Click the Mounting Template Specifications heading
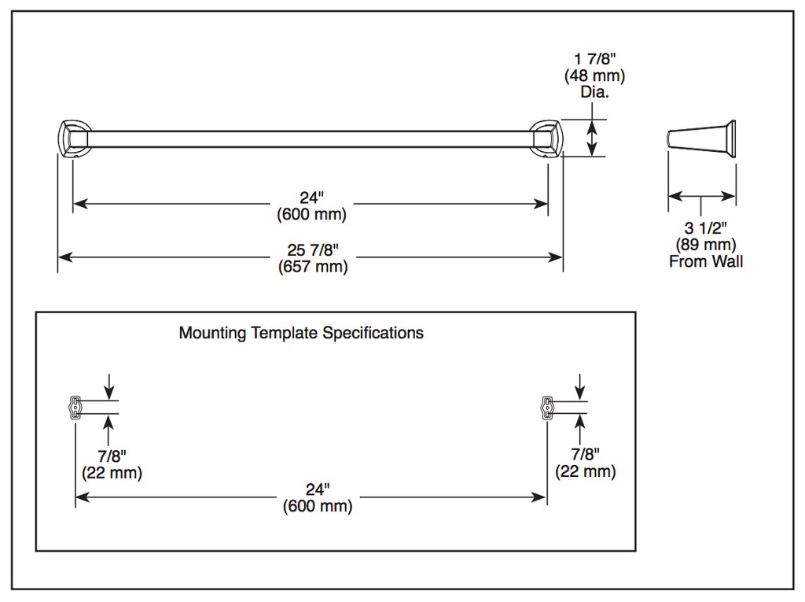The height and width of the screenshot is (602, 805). pyautogui.click(x=301, y=333)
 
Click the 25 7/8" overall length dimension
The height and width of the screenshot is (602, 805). pyautogui.click(x=313, y=249)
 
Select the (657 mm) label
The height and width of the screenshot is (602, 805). pyautogui.click(x=313, y=267)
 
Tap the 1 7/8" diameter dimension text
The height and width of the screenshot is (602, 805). pyautogui.click(x=595, y=59)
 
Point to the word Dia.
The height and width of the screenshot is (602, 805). pyautogui.click(x=594, y=92)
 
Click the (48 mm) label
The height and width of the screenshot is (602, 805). pyautogui.click(x=595, y=76)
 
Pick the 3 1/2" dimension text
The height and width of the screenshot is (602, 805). pyautogui.click(x=706, y=227)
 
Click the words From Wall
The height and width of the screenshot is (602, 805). pyautogui.click(x=706, y=261)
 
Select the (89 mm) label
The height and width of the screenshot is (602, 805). pyautogui.click(x=706, y=245)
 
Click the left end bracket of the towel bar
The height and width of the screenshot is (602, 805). pyautogui.click(x=74, y=138)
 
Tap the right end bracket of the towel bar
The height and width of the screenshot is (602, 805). pyautogui.click(x=547, y=138)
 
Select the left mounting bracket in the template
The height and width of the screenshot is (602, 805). pyautogui.click(x=75, y=407)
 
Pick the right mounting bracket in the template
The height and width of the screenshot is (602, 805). pyautogui.click(x=547, y=407)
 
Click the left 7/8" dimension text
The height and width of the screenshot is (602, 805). pyautogui.click(x=112, y=456)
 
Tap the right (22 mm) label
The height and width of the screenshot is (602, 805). pyautogui.click(x=586, y=471)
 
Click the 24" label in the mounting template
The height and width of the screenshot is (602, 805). pyautogui.click(x=318, y=489)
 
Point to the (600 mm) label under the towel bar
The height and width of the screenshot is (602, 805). pyautogui.click(x=311, y=214)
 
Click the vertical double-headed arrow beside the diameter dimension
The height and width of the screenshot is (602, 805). pyautogui.click(x=593, y=138)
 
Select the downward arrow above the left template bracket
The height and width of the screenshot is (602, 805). pyautogui.click(x=108, y=386)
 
